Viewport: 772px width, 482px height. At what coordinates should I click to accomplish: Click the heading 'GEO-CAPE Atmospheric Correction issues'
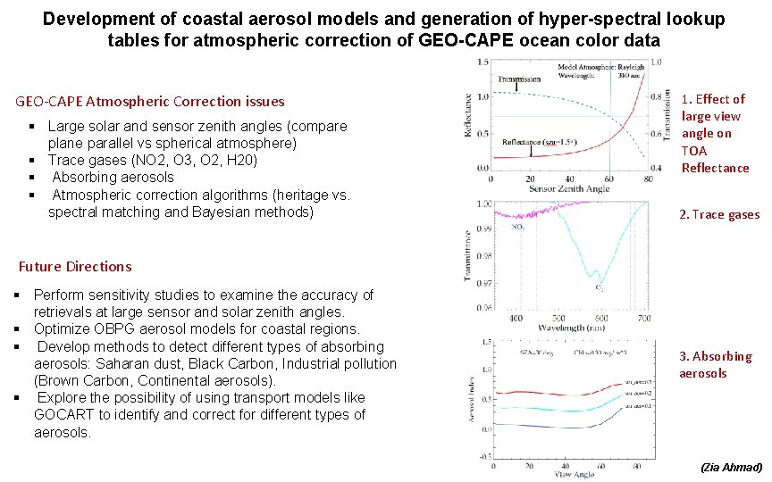[x=150, y=102]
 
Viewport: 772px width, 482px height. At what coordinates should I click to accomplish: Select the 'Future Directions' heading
[x=75, y=266]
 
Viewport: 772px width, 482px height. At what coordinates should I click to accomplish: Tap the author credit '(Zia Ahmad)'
[x=731, y=467]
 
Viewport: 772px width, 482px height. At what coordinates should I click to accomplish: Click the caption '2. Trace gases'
[x=719, y=214]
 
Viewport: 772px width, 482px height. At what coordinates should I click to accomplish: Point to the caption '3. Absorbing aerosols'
[x=715, y=364]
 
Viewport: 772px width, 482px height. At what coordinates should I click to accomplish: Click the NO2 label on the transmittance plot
[x=517, y=227]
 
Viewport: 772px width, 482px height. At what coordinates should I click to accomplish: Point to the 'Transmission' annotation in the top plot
[x=519, y=79]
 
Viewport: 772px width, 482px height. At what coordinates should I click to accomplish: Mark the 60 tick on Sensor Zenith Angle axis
[x=608, y=179]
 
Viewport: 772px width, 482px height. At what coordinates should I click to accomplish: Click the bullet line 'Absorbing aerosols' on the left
[x=113, y=177]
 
